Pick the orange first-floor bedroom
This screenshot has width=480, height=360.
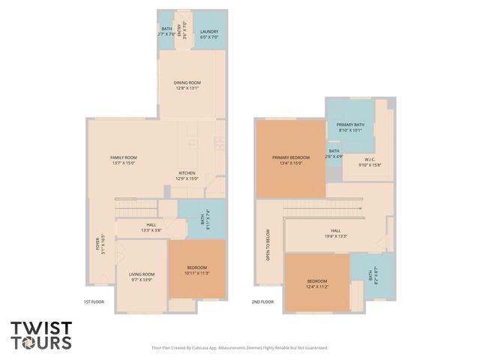196,270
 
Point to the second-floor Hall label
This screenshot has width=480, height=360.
335,232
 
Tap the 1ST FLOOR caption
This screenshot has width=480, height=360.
93,301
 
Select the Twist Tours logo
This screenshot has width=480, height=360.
41,335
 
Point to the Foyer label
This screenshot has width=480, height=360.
98,244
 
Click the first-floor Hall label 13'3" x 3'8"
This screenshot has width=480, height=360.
151,227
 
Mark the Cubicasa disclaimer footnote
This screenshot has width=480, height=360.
239,348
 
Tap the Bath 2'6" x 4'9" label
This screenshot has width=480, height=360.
334,154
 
